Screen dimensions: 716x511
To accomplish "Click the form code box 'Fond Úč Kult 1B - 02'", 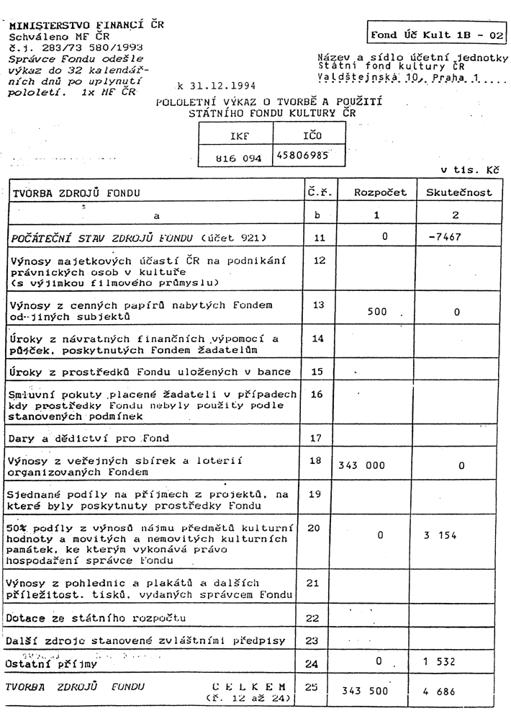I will tap(437, 34).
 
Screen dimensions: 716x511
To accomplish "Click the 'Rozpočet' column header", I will tap(379, 193).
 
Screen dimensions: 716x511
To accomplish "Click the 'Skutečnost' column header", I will tap(458, 193).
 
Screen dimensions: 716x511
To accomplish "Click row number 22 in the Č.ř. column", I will tap(312, 617).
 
